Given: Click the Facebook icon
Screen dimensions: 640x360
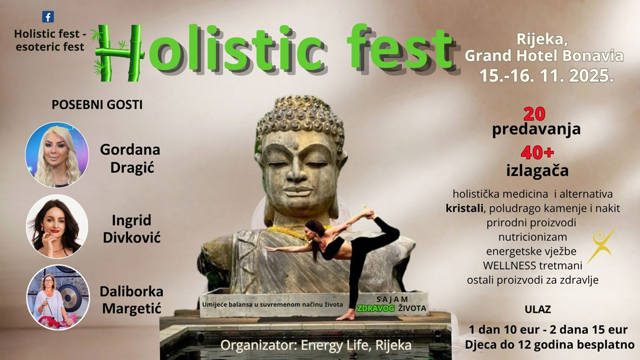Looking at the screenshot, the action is coord(48,17).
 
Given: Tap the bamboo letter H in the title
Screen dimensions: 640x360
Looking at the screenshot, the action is coord(118,53).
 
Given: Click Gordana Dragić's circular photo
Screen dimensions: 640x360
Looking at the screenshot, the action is coord(57,155).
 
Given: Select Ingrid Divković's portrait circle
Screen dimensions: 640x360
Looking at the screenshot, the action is coord(57,226).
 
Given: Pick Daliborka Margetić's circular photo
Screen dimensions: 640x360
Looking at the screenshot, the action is coord(58,297).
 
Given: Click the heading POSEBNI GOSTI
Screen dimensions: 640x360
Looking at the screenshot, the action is coord(97,105).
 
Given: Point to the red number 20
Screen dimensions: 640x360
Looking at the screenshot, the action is coord(534,114).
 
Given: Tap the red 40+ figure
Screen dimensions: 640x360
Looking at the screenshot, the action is coord(537,153).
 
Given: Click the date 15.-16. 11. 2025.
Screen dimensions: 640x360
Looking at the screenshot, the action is coord(547,76).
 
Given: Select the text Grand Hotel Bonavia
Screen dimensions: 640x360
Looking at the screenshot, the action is coord(544,55).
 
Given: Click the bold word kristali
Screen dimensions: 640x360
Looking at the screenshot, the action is coord(465,209).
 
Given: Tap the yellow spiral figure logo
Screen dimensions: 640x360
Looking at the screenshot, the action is coord(601,245).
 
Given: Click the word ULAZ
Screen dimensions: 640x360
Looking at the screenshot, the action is coord(538,309).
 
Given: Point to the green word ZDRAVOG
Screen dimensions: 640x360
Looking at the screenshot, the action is coord(375,308).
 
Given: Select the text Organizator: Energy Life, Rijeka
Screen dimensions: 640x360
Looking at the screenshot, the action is coord(316,345).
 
